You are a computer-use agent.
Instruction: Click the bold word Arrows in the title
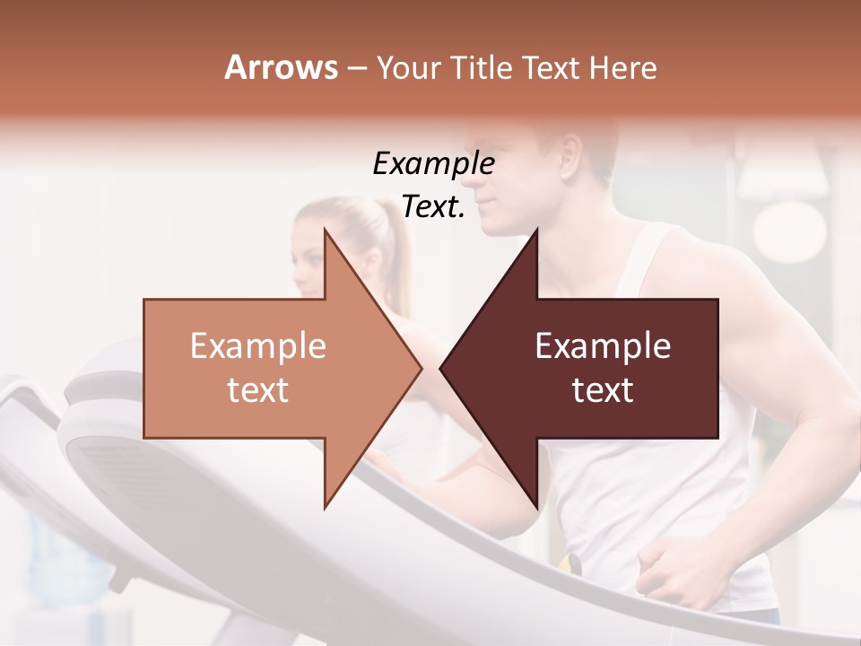click(281, 67)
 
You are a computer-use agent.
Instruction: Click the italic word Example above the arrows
click(433, 164)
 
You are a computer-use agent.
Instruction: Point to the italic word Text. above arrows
click(433, 206)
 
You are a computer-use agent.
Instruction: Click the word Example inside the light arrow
click(258, 346)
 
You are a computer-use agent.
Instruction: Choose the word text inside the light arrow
click(258, 389)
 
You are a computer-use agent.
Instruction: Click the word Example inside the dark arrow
click(603, 346)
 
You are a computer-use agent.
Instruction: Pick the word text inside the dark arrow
click(603, 389)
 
